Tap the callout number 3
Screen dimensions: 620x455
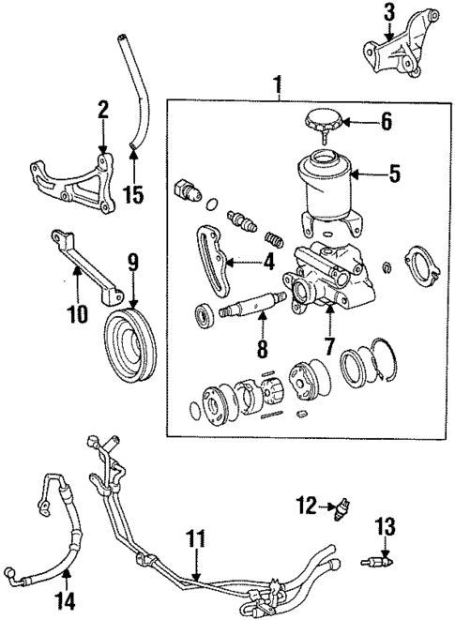pos(390,12)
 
